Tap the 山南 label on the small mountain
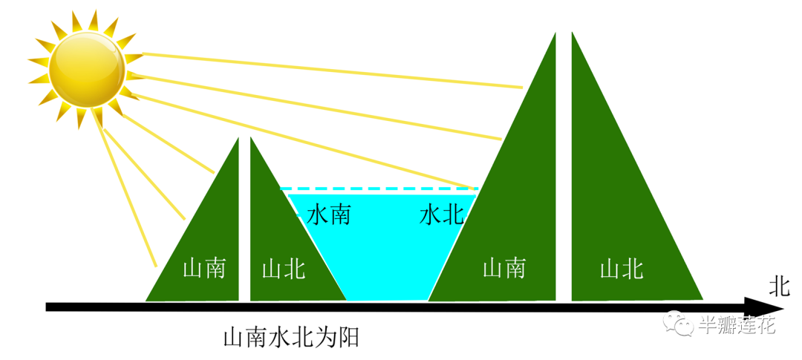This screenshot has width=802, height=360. (x=203, y=268)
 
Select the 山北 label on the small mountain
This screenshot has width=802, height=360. (x=283, y=269)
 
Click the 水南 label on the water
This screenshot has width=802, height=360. (x=329, y=216)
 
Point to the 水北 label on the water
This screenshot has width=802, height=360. (x=441, y=216)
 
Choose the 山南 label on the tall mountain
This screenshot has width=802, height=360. (x=504, y=268)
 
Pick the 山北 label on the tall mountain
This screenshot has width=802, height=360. (x=621, y=268)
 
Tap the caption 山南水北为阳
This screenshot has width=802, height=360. (x=291, y=338)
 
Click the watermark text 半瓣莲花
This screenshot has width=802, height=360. (x=737, y=325)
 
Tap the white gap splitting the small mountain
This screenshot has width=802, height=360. (x=244, y=223)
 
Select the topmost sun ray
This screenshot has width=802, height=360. (x=334, y=71)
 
